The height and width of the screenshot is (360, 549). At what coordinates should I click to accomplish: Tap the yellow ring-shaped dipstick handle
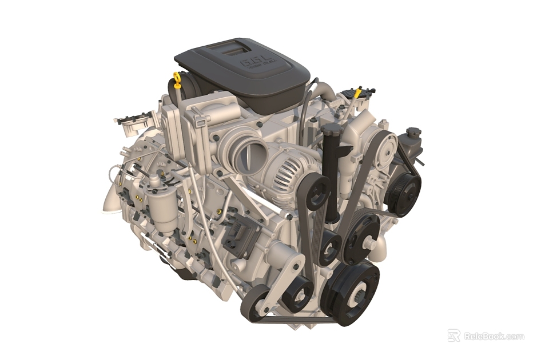177,78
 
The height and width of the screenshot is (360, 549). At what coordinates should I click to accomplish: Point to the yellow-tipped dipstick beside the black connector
357,93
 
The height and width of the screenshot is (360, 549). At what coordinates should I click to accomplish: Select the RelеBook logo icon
453,335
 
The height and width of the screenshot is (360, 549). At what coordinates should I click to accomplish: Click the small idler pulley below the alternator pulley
330,246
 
